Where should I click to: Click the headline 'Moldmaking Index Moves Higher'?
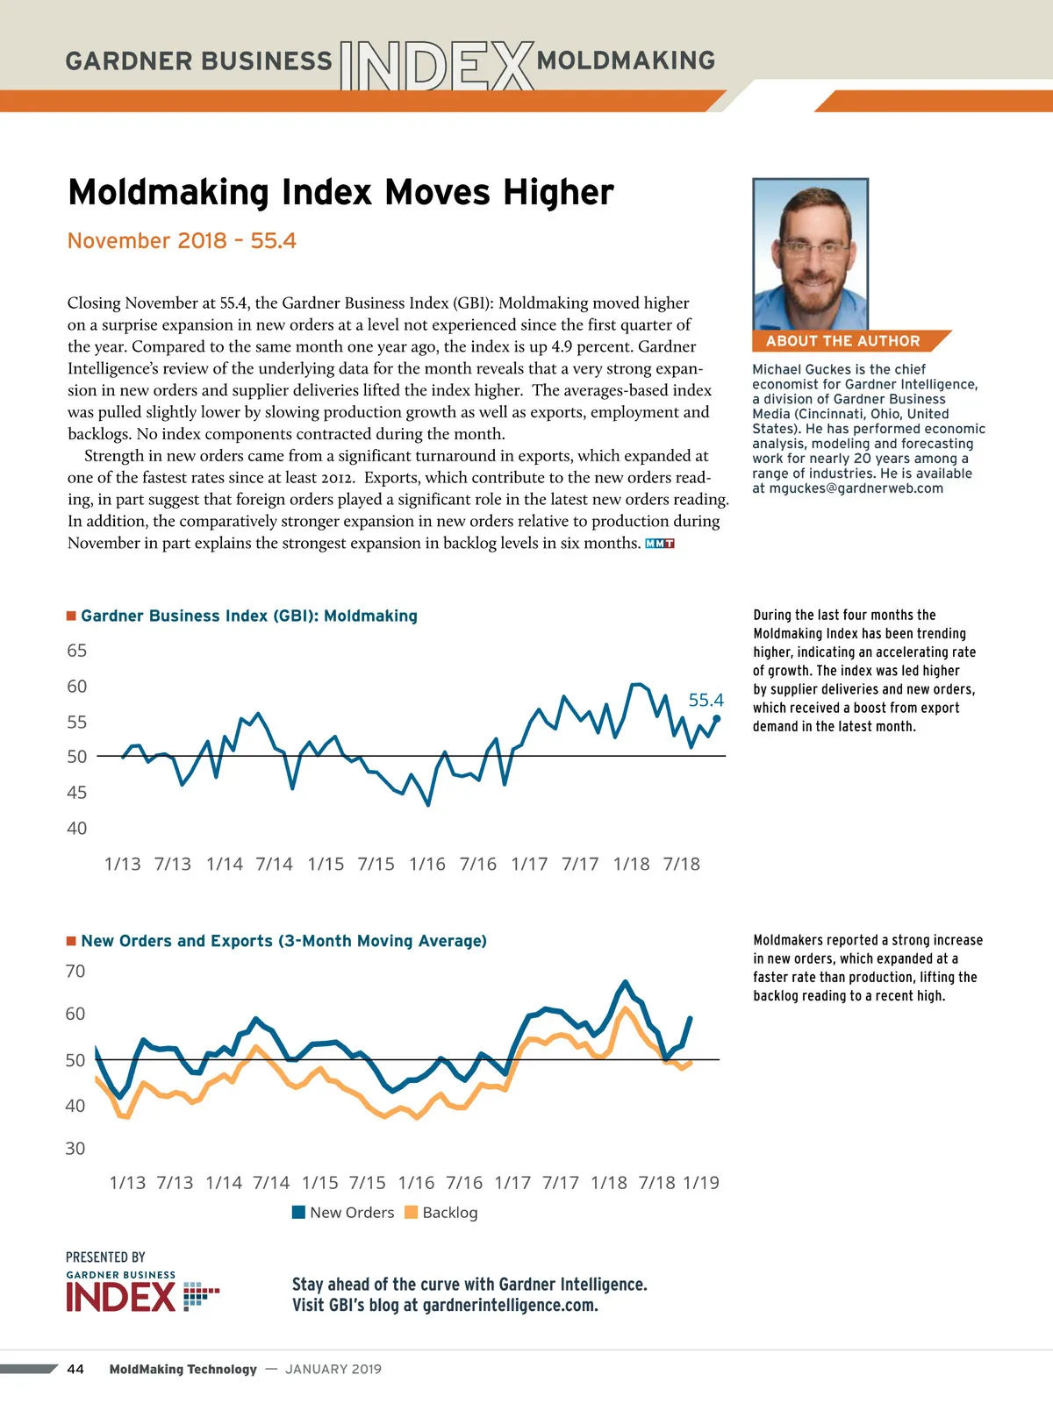[x=340, y=193]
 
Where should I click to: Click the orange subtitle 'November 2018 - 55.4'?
[x=182, y=241]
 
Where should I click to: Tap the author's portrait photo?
[x=810, y=254]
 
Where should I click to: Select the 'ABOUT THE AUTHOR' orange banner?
[x=843, y=341]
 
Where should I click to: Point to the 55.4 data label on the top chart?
[x=706, y=700]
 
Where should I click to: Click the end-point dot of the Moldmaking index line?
[x=717, y=719]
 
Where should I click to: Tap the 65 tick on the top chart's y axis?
[x=77, y=651]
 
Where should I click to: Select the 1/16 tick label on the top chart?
[x=427, y=865]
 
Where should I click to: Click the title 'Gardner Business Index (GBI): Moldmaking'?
[x=249, y=616]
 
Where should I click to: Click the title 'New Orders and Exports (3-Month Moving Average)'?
[x=283, y=941]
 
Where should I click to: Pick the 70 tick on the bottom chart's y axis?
[x=75, y=972]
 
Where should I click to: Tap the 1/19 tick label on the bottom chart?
[x=701, y=1183]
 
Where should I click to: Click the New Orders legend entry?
[x=343, y=1213]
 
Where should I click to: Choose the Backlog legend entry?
[x=441, y=1213]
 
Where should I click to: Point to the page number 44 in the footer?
[x=75, y=1370]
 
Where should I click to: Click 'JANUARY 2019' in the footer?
[x=333, y=1370]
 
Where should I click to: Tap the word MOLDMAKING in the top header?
[x=626, y=61]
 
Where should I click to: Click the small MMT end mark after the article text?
[x=659, y=544]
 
